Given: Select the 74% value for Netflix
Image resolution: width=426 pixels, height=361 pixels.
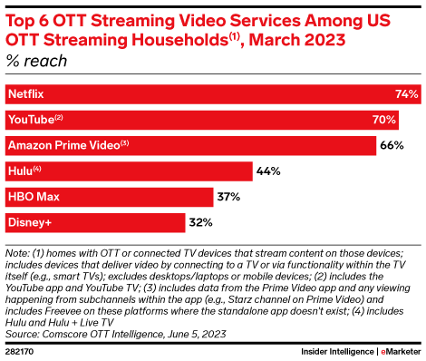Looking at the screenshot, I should [406, 94].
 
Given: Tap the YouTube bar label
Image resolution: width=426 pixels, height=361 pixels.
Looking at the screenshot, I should [33, 120].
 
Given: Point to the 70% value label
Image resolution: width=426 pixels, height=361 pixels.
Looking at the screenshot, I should [384, 120].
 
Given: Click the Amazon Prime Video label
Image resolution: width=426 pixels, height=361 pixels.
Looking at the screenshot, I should [64, 145].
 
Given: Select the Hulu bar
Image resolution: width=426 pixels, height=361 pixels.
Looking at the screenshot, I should [127, 171].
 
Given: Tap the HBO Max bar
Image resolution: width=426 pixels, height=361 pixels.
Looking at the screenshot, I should [107, 196].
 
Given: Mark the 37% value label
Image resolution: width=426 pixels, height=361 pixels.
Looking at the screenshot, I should [228, 196].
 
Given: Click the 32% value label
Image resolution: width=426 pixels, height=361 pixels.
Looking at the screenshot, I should [199, 221].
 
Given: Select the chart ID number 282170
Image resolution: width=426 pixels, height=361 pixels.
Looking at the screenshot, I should [20, 350].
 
